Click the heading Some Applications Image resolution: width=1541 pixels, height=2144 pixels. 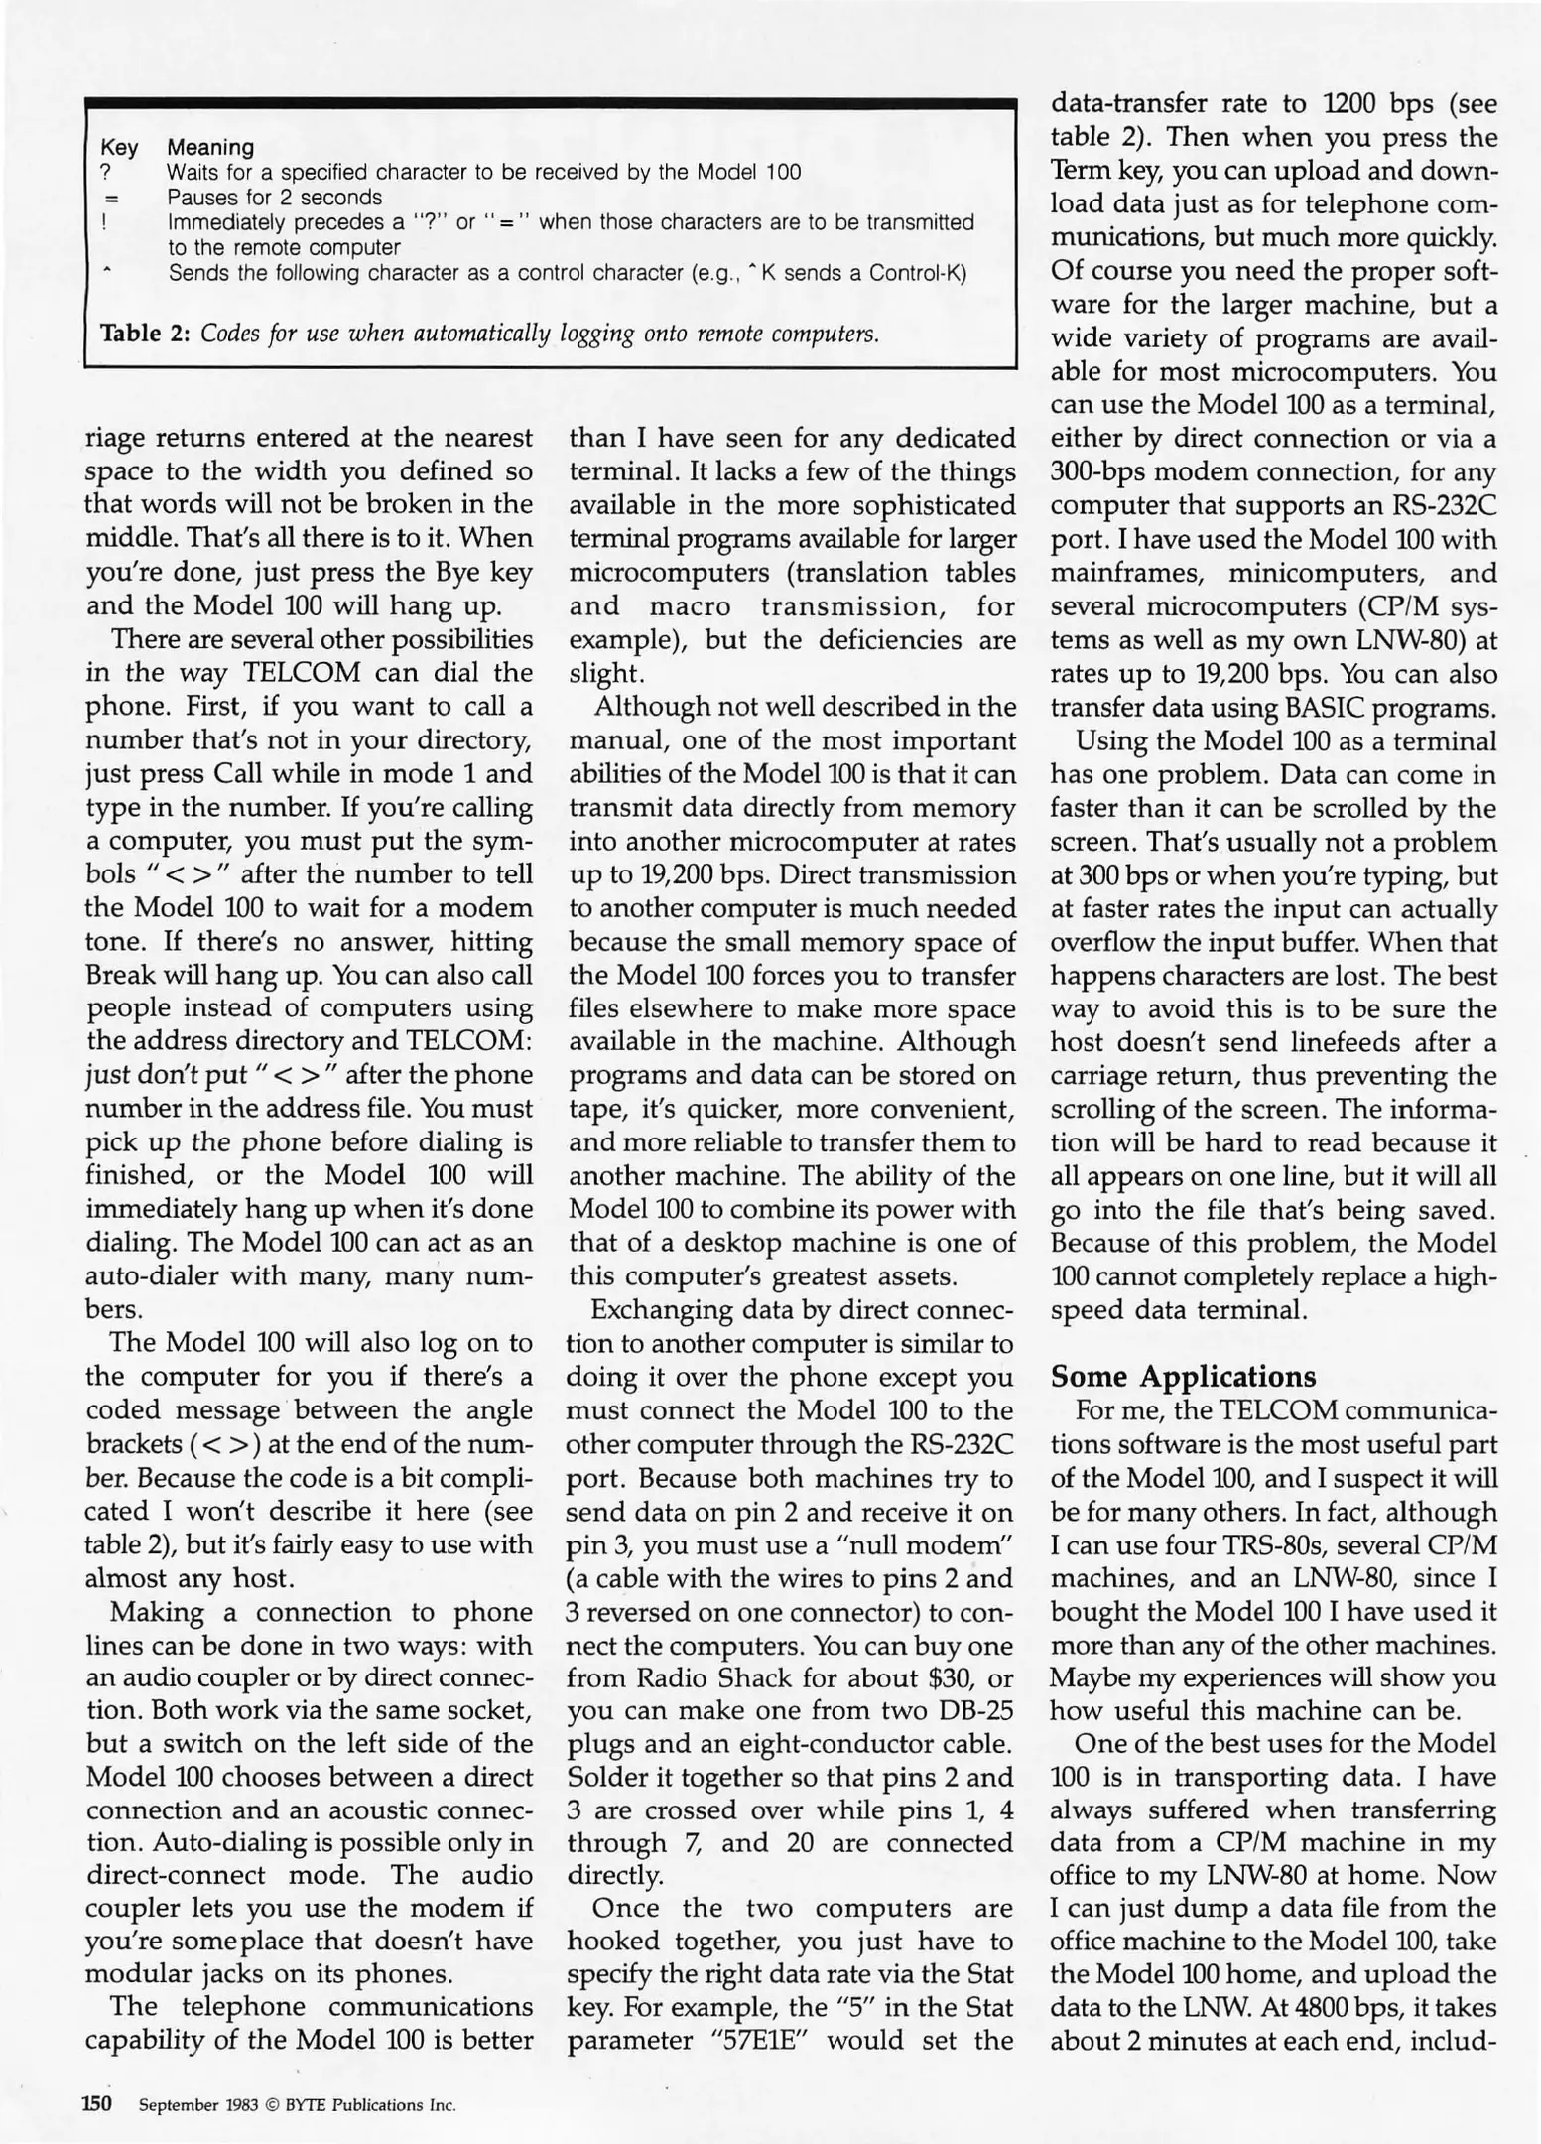point(1183,1377)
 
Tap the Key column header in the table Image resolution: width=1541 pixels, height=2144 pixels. point(119,148)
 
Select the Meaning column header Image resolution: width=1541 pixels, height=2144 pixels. point(209,148)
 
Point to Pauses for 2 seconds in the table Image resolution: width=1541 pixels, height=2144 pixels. point(275,198)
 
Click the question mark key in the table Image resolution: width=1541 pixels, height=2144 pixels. point(104,173)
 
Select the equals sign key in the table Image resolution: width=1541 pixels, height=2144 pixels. point(104,198)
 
